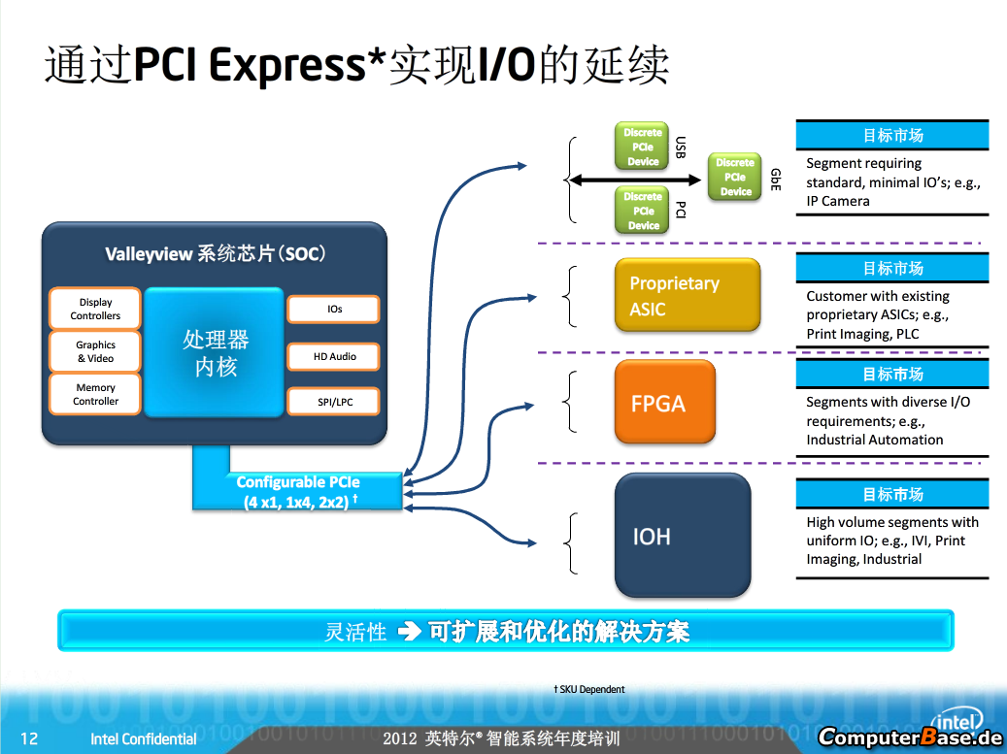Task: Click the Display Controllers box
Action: pyautogui.click(x=95, y=309)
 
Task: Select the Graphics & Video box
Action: pyautogui.click(x=95, y=351)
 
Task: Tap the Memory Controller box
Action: pyautogui.click(x=95, y=394)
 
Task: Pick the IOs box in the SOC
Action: pyautogui.click(x=334, y=309)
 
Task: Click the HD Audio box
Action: pyautogui.click(x=334, y=356)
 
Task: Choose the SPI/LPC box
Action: pyautogui.click(x=334, y=402)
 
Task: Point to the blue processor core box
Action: pyautogui.click(x=215, y=352)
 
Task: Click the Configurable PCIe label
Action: pyautogui.click(x=298, y=492)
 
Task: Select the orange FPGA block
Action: pyautogui.click(x=664, y=402)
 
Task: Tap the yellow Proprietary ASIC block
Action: pyautogui.click(x=688, y=295)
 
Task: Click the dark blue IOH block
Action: pyautogui.click(x=683, y=536)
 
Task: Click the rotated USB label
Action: pyautogui.click(x=680, y=147)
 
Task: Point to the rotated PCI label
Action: pyautogui.click(x=680, y=210)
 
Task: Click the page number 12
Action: pyautogui.click(x=29, y=738)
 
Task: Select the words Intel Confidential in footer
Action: pyautogui.click(x=143, y=739)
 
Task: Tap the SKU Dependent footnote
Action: pyautogui.click(x=588, y=689)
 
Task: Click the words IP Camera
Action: pyautogui.click(x=838, y=201)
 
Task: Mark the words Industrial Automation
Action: pyautogui.click(x=875, y=440)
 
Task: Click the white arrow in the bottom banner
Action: pyautogui.click(x=410, y=632)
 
